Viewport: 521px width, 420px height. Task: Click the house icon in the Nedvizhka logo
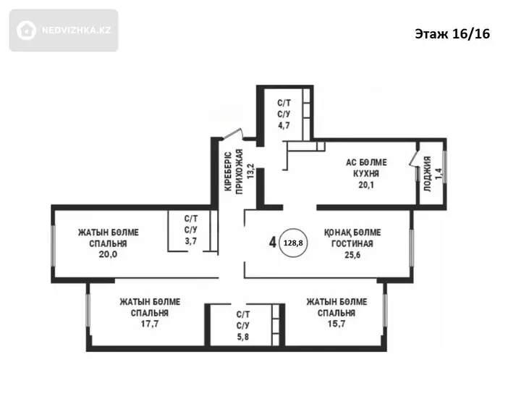point(26,30)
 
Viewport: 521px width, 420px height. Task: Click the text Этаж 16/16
point(452,34)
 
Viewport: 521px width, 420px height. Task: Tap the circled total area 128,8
point(293,243)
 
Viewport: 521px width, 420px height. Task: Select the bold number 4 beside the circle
point(273,243)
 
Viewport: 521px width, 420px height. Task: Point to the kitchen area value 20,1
point(366,185)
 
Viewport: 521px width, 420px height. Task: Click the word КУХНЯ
point(366,174)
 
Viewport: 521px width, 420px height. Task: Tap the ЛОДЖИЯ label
point(428,174)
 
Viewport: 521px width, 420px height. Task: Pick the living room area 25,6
point(352,255)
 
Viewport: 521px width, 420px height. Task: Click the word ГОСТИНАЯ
point(352,244)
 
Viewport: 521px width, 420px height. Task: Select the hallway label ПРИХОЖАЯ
point(240,172)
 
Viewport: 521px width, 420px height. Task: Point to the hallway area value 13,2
point(251,172)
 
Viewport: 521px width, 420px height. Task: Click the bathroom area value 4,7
point(284,125)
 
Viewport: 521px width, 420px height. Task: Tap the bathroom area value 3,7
point(191,241)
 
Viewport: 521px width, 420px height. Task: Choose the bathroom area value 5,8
point(243,337)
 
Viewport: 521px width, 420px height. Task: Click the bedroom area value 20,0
point(108,254)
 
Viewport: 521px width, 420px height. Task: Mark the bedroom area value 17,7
point(150,324)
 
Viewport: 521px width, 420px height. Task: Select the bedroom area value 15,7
point(336,324)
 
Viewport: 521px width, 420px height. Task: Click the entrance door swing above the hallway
point(234,134)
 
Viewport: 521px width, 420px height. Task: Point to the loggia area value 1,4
point(439,174)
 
